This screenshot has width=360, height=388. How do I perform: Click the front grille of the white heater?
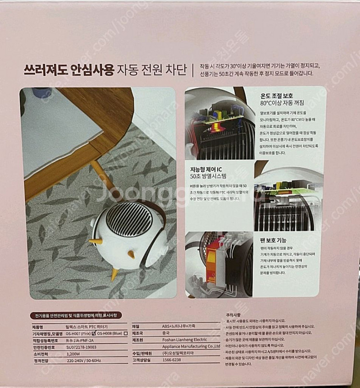pos(122,218)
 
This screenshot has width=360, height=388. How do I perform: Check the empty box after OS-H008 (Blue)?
pos(125,332)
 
